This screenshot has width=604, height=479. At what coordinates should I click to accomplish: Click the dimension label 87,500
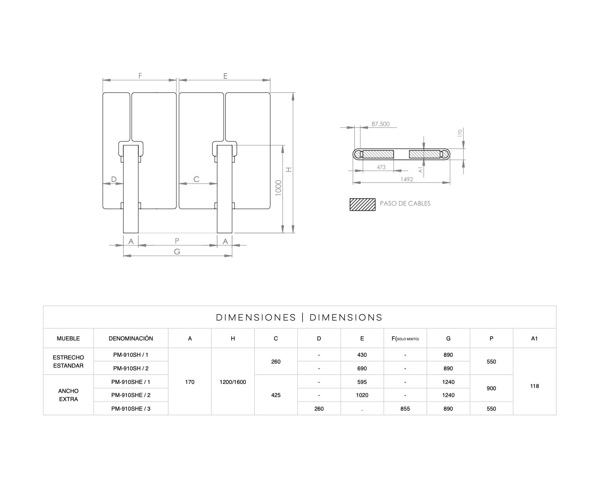(380, 124)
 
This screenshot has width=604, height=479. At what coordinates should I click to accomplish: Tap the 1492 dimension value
(407, 179)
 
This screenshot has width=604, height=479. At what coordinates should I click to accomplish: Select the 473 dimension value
(381, 167)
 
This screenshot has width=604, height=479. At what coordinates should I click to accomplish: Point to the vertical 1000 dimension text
(278, 188)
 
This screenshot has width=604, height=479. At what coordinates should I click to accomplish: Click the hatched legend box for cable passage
(362, 205)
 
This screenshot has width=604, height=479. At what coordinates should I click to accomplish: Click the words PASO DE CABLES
(405, 203)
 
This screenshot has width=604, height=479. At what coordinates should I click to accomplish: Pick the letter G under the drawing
(177, 252)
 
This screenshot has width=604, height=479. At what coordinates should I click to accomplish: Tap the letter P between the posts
(177, 241)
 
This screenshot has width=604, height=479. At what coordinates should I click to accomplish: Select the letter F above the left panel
(140, 76)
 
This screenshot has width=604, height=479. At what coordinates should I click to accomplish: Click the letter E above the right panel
(225, 76)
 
